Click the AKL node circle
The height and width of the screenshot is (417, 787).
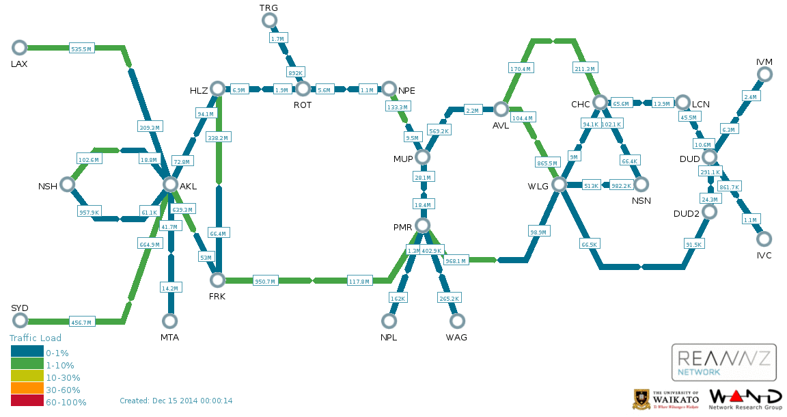click(170, 185)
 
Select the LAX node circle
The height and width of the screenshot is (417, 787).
click(20, 47)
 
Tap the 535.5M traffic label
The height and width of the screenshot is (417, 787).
click(81, 49)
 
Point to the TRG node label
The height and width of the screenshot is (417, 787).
click(268, 8)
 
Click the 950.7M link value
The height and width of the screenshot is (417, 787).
click(264, 282)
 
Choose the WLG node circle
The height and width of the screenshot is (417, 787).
click(560, 185)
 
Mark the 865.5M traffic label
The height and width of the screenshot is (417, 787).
click(548, 163)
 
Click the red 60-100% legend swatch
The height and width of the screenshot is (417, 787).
click(27, 402)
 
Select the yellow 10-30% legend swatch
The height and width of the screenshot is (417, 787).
click(27, 377)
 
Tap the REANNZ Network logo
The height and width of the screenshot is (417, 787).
click(723, 362)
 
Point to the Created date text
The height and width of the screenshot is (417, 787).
click(176, 401)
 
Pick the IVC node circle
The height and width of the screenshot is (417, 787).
click(764, 239)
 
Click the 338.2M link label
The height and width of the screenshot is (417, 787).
click(218, 137)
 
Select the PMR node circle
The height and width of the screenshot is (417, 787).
click(423, 226)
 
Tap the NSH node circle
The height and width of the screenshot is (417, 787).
click(67, 185)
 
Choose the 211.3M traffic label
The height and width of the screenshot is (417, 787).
click(585, 68)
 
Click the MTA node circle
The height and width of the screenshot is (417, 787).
click(170, 321)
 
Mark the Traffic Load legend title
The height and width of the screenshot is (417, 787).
click(36, 338)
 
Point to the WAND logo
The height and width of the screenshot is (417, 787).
click(745, 399)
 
